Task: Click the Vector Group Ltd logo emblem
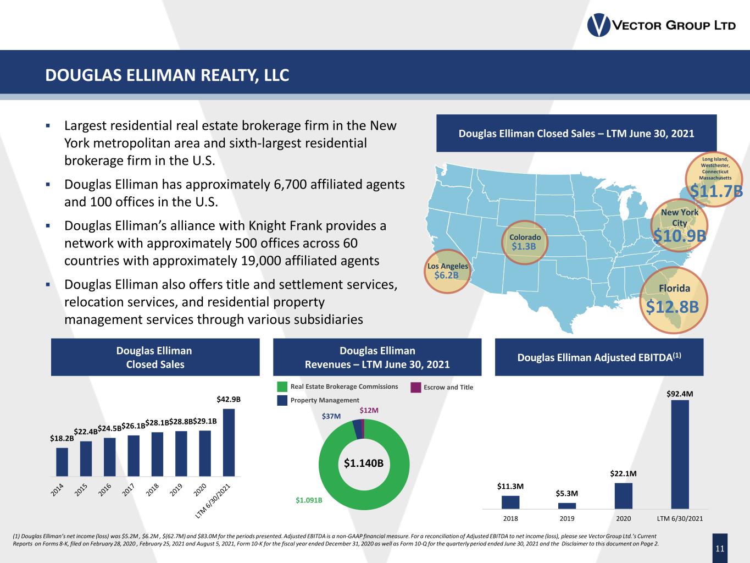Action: [599, 25]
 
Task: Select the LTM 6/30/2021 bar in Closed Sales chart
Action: [229, 442]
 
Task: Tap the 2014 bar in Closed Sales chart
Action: [62, 462]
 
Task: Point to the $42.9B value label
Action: [229, 399]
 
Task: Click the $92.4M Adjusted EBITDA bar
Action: [680, 454]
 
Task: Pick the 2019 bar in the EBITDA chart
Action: [567, 505]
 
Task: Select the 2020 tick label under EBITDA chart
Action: [623, 518]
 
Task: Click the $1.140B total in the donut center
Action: [363, 463]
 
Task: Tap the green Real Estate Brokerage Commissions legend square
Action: [282, 387]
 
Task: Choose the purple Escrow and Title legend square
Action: [416, 388]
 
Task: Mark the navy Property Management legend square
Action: [282, 400]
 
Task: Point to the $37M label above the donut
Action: [331, 417]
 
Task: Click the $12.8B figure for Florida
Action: [672, 307]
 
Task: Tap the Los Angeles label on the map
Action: [448, 266]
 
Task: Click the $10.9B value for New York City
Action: [679, 235]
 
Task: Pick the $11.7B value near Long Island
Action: [716, 191]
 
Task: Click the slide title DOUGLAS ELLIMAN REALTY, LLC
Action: [167, 75]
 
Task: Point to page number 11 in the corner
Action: [720, 549]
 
